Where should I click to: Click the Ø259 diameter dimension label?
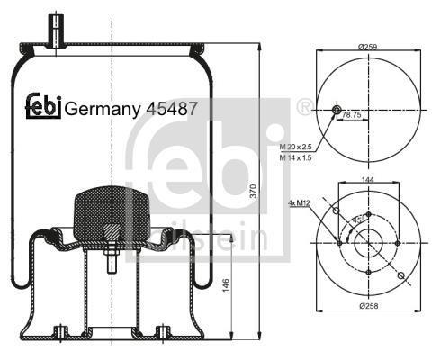tap(367, 47)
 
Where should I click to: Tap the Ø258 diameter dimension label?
tap(369, 306)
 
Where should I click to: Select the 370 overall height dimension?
tap(254, 191)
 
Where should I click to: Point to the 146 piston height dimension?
tap(226, 285)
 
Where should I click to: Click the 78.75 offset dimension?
tap(352, 114)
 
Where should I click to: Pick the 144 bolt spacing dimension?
tap(368, 180)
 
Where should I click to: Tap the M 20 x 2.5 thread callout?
tap(296, 147)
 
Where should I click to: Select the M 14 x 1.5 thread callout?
tap(296, 157)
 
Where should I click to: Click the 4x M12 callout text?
tap(299, 203)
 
